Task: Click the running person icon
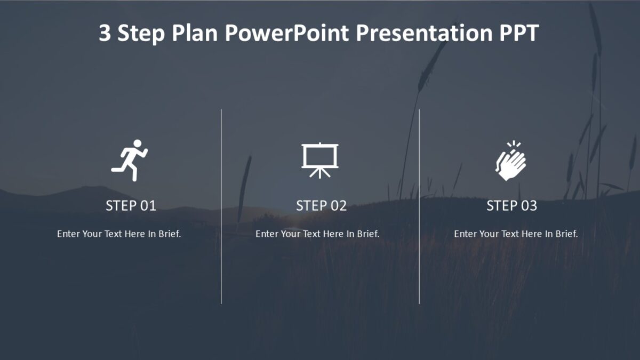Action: click(x=130, y=160)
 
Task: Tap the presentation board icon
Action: click(x=320, y=158)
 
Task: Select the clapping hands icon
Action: click(x=510, y=161)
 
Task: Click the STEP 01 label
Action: click(x=131, y=206)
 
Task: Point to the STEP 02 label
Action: click(x=321, y=206)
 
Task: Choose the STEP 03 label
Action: click(x=511, y=206)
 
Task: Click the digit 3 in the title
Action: click(x=105, y=34)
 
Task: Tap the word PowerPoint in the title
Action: click(x=286, y=34)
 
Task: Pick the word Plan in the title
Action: click(x=195, y=34)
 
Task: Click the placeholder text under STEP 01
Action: click(x=119, y=234)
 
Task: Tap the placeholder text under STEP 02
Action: click(x=317, y=234)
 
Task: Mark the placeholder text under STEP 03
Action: click(x=516, y=234)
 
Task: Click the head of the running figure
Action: click(x=137, y=143)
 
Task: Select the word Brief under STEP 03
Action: click(x=566, y=234)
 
